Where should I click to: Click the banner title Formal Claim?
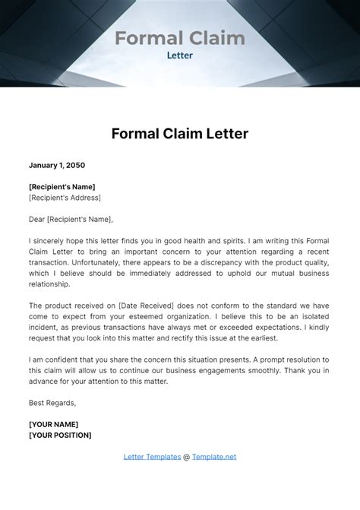click(179, 37)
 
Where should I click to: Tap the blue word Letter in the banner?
click(179, 55)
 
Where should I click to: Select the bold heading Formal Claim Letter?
click(179, 134)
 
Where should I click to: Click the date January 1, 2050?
click(57, 165)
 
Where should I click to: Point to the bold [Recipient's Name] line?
click(62, 186)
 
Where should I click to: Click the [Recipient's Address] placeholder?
click(65, 198)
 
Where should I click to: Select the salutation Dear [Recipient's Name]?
click(71, 219)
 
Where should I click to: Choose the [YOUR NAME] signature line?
click(53, 423)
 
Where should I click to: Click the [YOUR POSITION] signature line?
click(60, 435)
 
